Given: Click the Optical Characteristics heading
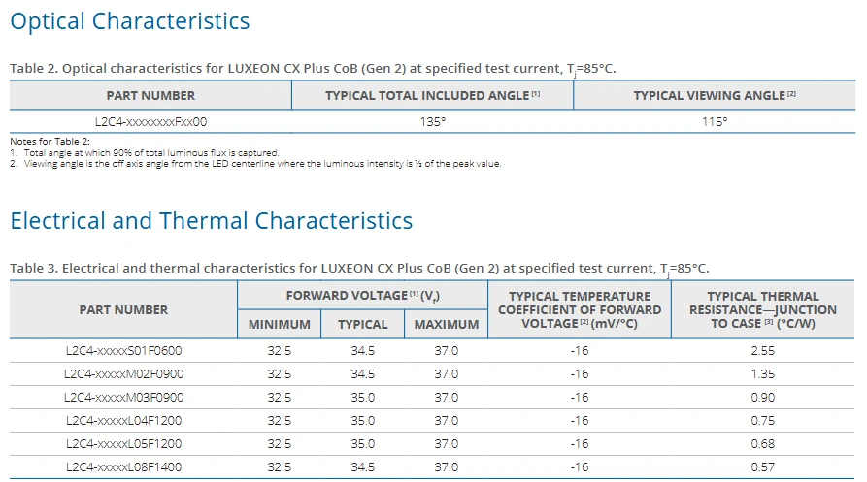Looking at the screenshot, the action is pyautogui.click(x=130, y=21).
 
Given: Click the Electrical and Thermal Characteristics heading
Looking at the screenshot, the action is pyautogui.click(x=212, y=221).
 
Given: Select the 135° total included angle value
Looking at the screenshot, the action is pyautogui.click(x=432, y=121).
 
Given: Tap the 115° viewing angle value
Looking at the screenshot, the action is pyautogui.click(x=715, y=121).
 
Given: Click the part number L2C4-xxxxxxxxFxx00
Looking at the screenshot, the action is pyautogui.click(x=150, y=121).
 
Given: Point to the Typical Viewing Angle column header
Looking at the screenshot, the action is pyautogui.click(x=715, y=95).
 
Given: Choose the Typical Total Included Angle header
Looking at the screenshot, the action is pyautogui.click(x=432, y=95).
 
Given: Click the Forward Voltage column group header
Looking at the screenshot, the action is pyautogui.click(x=363, y=296).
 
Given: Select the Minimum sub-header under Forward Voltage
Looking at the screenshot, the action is pyautogui.click(x=280, y=325).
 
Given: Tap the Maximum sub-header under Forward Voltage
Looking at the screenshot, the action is pyautogui.click(x=447, y=325).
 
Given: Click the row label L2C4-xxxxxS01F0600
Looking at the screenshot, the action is pyautogui.click(x=124, y=351).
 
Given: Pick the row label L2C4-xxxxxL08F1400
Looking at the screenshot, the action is pyautogui.click(x=124, y=467).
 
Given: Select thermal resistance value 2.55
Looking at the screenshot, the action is pyautogui.click(x=762, y=351).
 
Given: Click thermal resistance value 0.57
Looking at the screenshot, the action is pyautogui.click(x=762, y=467).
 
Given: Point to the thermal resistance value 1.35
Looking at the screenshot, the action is pyautogui.click(x=762, y=373).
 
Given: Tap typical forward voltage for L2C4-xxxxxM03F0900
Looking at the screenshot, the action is pyautogui.click(x=363, y=398).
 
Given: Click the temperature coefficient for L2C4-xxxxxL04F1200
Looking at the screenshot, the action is pyautogui.click(x=580, y=421).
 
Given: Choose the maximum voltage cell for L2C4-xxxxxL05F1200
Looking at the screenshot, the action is pyautogui.click(x=447, y=444).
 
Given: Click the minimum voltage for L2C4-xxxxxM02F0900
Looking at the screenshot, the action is pyautogui.click(x=280, y=373).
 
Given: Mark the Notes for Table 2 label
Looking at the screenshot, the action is pyautogui.click(x=50, y=142).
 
